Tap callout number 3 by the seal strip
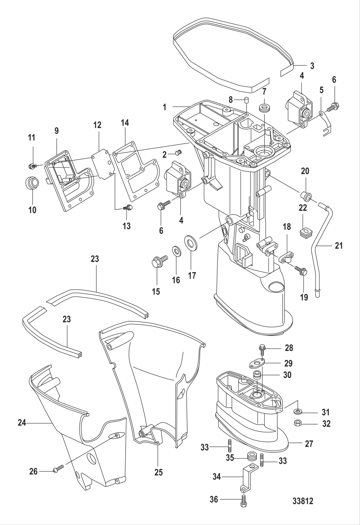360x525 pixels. coord(312,66)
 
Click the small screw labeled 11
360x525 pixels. coord(32,166)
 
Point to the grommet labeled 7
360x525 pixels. coord(264,108)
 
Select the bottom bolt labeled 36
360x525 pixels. coord(243,501)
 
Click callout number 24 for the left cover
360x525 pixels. coord(22,423)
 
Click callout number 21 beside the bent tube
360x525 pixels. coord(338,246)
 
